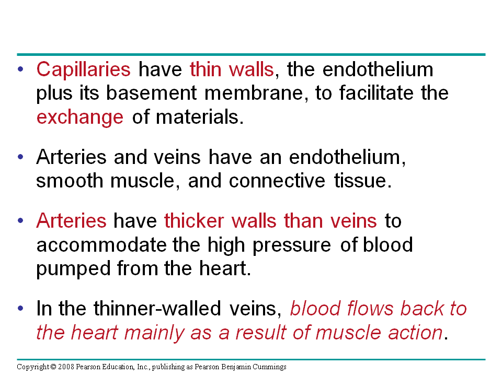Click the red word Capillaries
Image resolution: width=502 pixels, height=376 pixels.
(83, 69)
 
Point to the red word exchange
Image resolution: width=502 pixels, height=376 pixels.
(80, 117)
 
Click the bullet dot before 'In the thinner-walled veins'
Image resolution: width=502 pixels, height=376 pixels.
(20, 309)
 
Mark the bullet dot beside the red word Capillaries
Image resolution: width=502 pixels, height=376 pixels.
(20, 69)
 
